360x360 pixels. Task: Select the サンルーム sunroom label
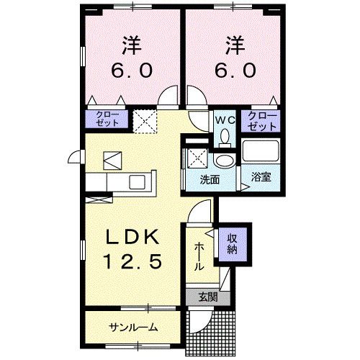(133, 328)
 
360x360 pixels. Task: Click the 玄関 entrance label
(207, 296)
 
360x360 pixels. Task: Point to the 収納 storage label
(233, 246)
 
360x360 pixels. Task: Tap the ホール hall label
(198, 256)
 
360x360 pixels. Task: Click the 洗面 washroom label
(210, 179)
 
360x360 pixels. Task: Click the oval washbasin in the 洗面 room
(225, 160)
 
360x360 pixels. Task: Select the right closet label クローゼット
(263, 120)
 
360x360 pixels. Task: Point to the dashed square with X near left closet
(148, 120)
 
